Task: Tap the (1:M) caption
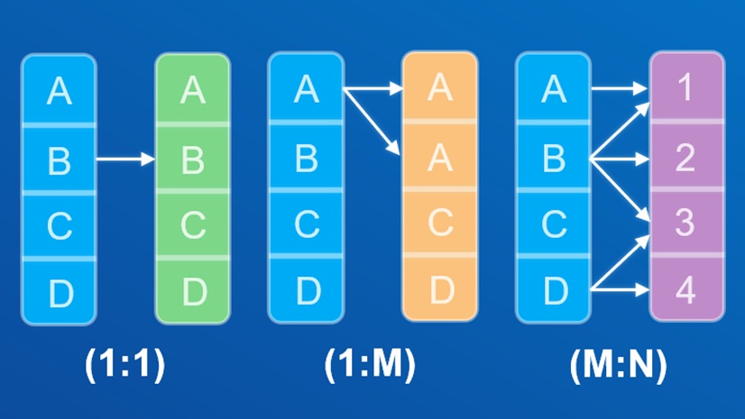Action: (371, 364)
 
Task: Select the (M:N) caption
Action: (619, 364)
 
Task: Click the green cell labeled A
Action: (192, 90)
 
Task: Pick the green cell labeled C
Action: (192, 225)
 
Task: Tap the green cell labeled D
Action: (192, 291)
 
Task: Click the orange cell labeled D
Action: (439, 291)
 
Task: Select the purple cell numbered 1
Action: (686, 88)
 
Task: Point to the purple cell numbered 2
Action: (686, 159)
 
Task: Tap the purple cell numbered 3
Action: (686, 223)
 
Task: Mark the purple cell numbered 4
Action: (686, 291)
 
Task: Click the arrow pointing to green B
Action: (125, 160)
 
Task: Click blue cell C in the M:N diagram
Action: (553, 225)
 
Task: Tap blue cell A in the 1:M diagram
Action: (307, 90)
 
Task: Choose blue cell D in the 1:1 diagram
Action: (59, 291)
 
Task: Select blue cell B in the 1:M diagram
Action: (307, 159)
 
